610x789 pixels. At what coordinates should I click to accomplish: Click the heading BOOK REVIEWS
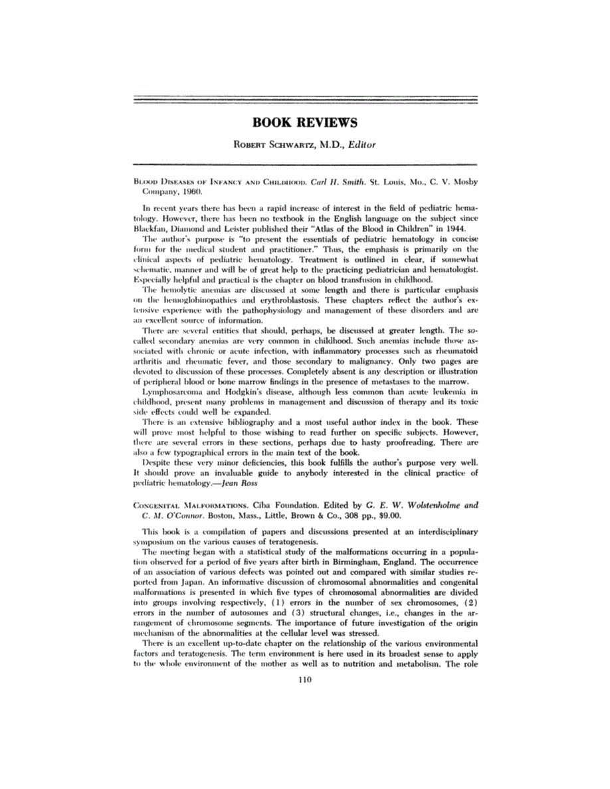305,123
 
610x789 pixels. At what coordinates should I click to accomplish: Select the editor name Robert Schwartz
266,143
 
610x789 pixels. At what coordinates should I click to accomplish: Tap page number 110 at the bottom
305,679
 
